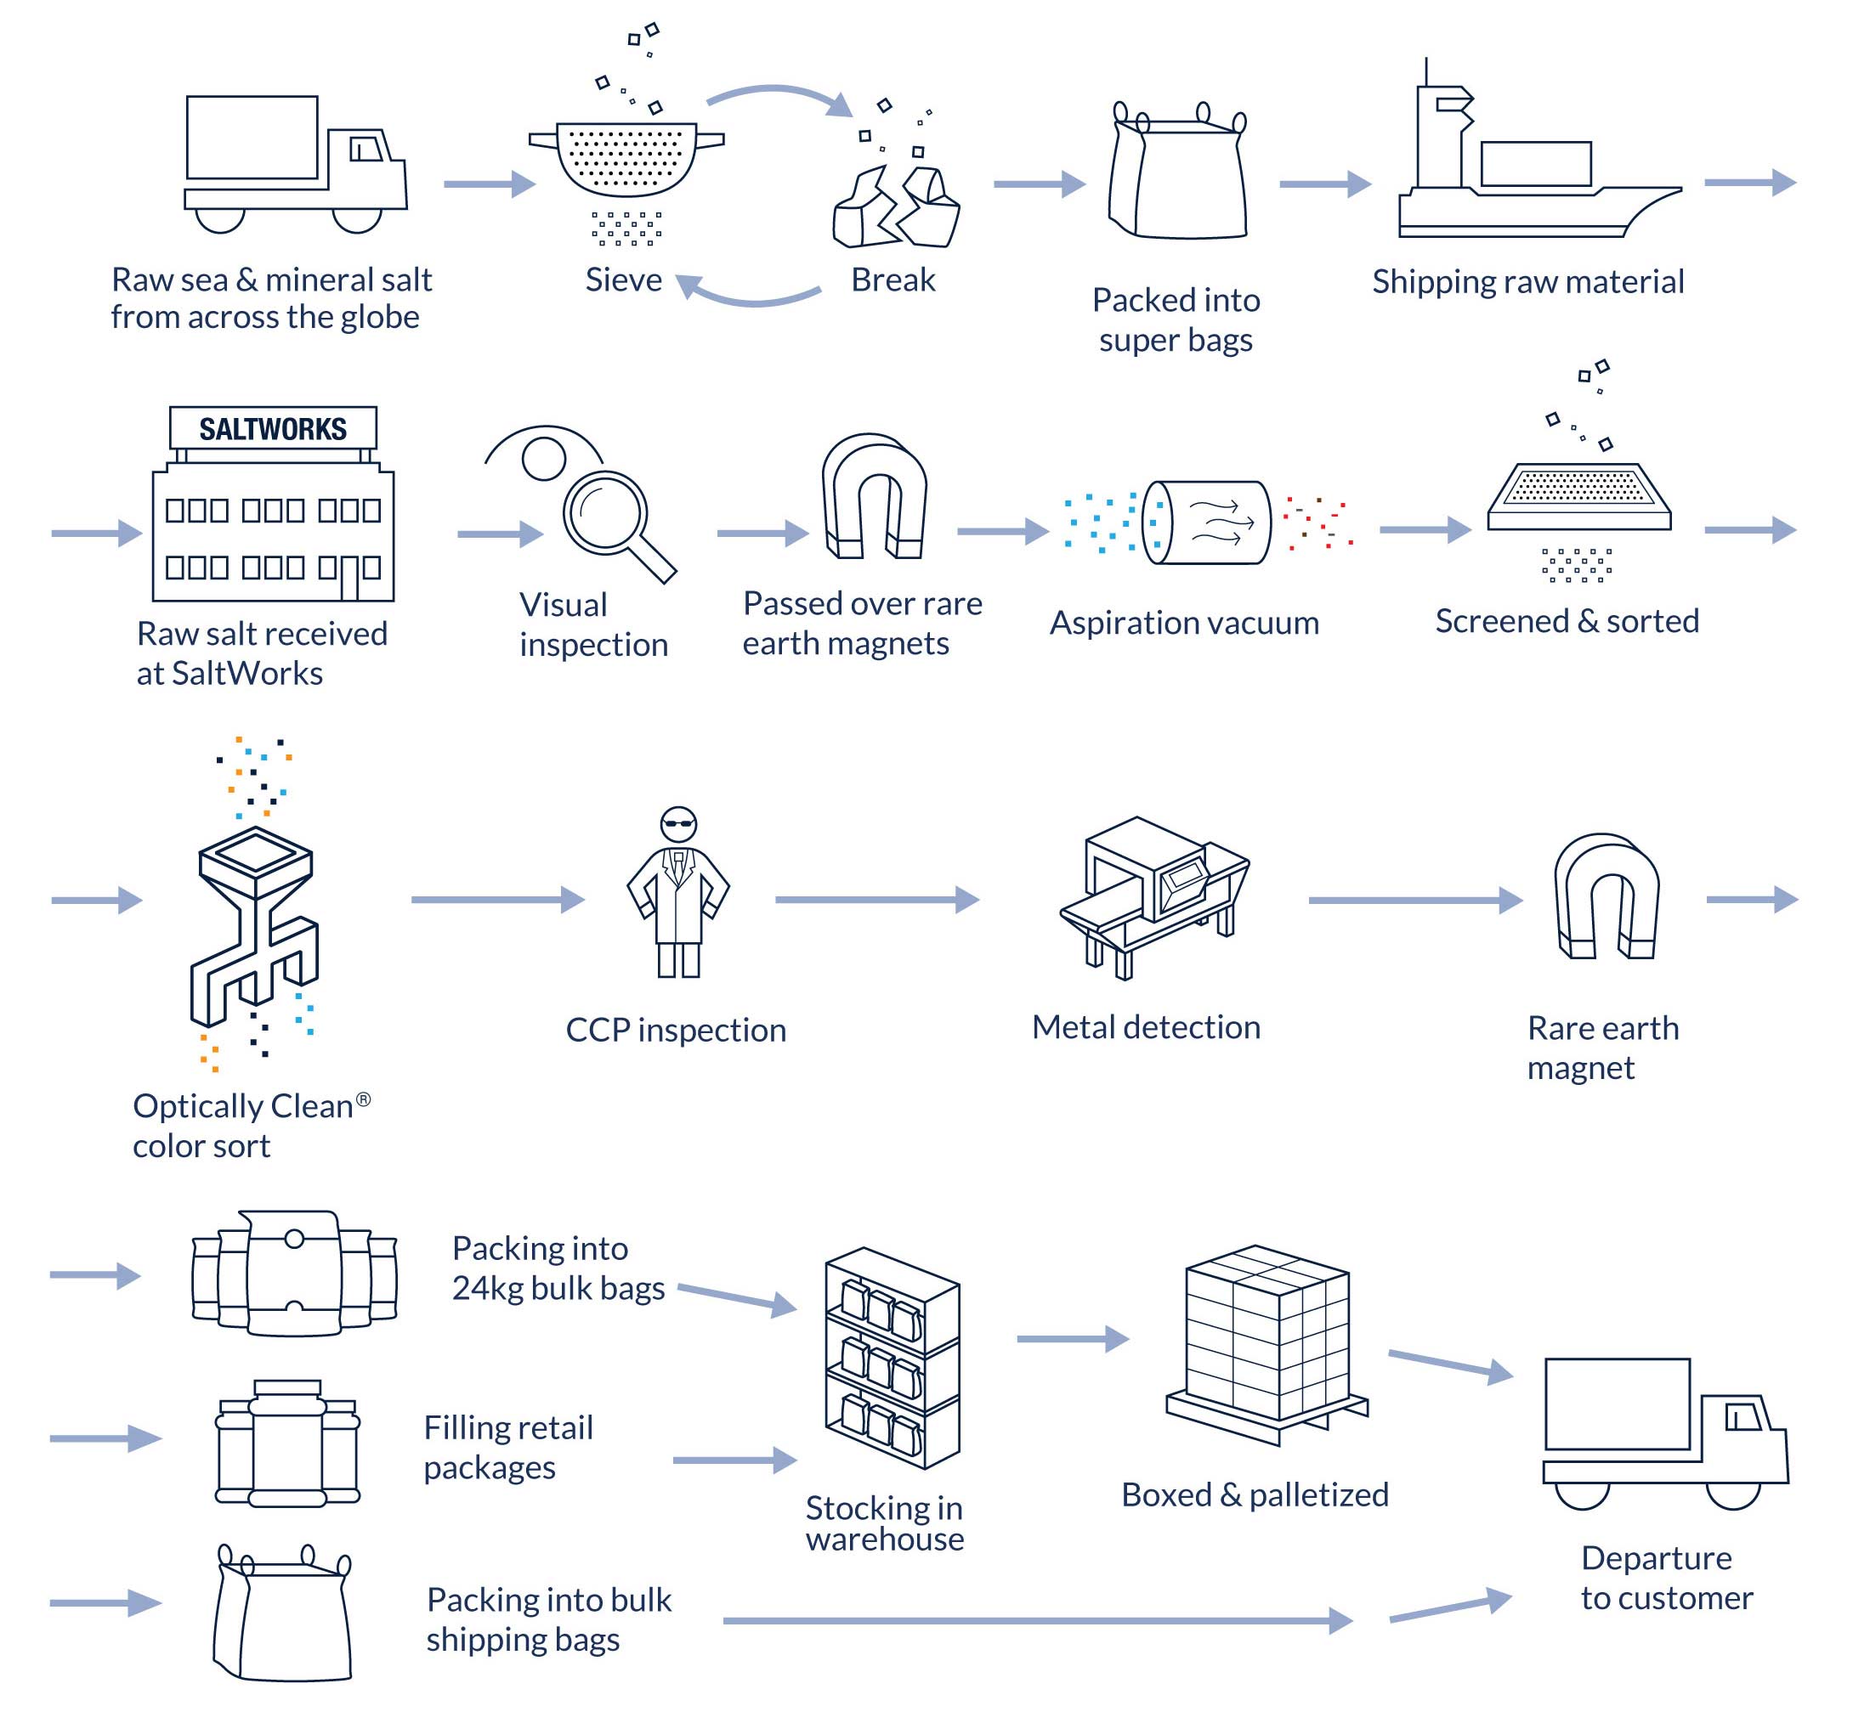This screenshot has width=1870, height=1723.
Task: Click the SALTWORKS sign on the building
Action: tap(272, 429)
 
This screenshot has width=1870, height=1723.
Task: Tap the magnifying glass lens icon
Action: tap(605, 511)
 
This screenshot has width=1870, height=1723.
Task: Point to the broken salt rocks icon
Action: tap(895, 207)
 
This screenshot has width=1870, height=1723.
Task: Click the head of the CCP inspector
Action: tap(678, 824)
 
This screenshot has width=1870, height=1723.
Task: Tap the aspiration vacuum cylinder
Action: tap(1207, 523)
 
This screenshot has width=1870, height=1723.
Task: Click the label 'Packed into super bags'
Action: tap(1176, 319)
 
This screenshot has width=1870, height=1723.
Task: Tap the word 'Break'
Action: tap(892, 280)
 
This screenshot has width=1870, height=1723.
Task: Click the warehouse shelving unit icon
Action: tap(892, 1359)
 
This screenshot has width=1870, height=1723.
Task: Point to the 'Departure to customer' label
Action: tap(1667, 1579)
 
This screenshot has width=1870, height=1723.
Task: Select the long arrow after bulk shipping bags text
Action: tap(1035, 1620)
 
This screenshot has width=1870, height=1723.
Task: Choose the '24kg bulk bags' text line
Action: tap(558, 1289)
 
